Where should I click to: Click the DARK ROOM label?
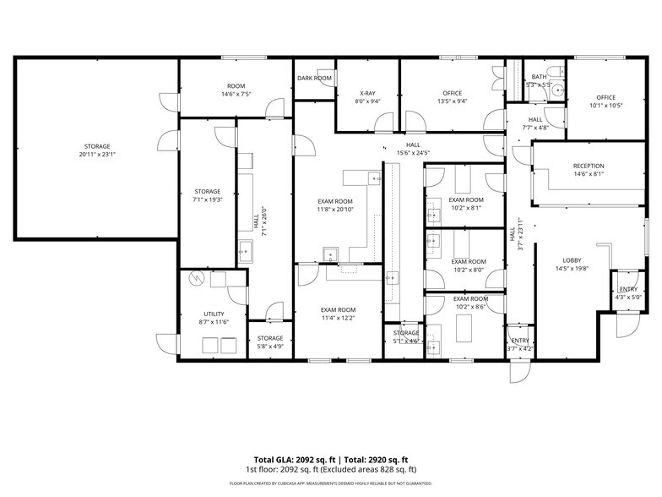coord(314,78)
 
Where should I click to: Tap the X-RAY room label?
coord(367,93)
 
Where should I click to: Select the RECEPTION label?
coord(588,166)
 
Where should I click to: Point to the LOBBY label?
coord(573,260)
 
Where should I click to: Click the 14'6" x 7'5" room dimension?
coord(236,94)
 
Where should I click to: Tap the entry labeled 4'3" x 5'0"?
coord(629,292)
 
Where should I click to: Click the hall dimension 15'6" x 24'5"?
coord(414,153)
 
